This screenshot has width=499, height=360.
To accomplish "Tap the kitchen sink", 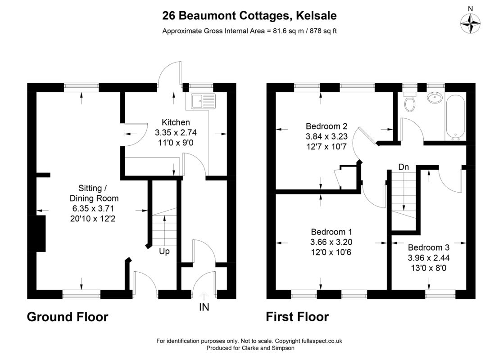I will click(x=203, y=102).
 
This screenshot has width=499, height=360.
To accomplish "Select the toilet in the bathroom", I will click(x=409, y=103).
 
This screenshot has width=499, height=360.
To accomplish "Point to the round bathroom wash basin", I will click(x=433, y=99).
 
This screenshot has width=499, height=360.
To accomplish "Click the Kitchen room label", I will click(x=176, y=122).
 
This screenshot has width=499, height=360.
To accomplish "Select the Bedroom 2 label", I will click(x=327, y=126).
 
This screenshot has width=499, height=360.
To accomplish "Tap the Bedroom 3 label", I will click(x=428, y=247).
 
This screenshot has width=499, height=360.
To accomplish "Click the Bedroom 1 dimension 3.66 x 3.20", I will click(x=331, y=242).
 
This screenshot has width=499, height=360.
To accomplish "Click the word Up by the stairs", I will click(x=164, y=251).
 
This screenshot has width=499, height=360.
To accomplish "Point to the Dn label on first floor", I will click(x=404, y=167).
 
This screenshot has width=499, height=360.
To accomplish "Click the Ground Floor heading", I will click(x=68, y=317).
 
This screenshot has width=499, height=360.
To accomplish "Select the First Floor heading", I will click(x=297, y=317).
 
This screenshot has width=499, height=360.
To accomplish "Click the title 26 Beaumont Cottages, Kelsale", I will click(x=249, y=16).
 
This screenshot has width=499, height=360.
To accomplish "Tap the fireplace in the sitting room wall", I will click(x=39, y=233).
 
